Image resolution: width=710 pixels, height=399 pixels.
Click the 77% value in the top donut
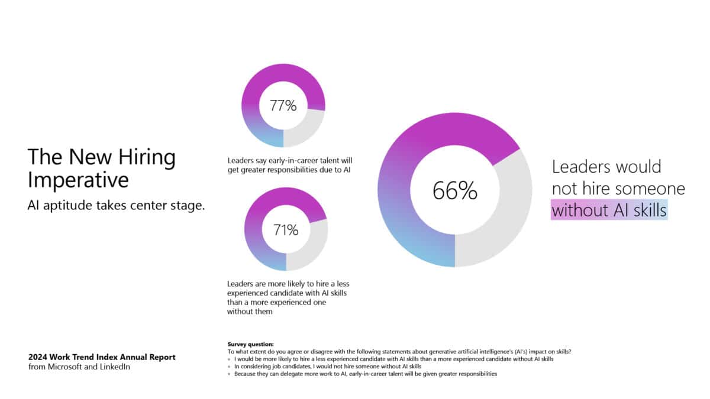click(x=283, y=106)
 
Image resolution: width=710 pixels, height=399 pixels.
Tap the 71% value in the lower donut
click(x=286, y=230)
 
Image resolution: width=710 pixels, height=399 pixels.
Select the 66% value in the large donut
click(x=454, y=191)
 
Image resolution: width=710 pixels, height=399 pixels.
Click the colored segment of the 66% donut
click(x=408, y=177)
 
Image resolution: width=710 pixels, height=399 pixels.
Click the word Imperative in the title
click(x=78, y=180)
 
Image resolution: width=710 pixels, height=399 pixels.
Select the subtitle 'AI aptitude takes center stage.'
click(x=116, y=206)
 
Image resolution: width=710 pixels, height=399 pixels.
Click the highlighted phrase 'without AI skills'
click(x=609, y=210)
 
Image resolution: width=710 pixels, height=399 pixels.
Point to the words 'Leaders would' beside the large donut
click(x=606, y=167)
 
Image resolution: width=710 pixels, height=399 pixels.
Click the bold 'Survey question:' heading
click(x=250, y=344)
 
